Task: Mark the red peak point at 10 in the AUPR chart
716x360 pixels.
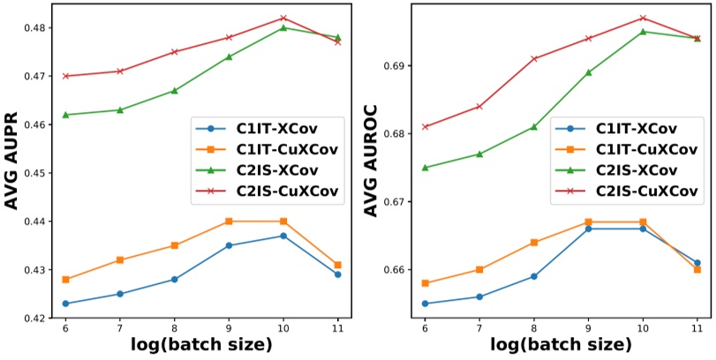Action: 283,18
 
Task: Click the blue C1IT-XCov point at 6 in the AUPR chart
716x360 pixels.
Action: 65,304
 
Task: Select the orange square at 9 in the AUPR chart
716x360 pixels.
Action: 229,221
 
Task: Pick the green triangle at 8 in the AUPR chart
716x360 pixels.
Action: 174,91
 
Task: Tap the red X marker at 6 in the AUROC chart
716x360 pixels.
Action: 426,127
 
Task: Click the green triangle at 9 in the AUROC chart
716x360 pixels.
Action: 589,72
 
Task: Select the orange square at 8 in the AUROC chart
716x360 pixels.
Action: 534,242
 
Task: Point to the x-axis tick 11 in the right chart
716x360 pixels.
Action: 697,326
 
